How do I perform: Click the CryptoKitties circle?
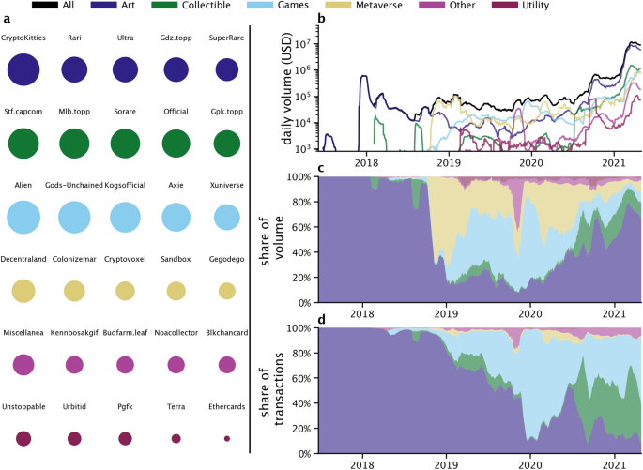pyautogui.click(x=24, y=70)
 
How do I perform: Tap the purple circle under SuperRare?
pyautogui.click(x=226, y=70)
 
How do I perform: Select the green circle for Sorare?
pyautogui.click(x=125, y=143)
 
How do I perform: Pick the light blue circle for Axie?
pyautogui.click(x=176, y=217)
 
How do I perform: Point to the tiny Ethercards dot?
pyautogui.click(x=226, y=438)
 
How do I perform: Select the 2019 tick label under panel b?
pyautogui.click(x=448, y=162)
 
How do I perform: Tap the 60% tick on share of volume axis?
pyautogui.click(x=302, y=227)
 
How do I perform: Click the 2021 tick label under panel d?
pyautogui.click(x=614, y=464)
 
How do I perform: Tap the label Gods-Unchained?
pyautogui.click(x=74, y=185)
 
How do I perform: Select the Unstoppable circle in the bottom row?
pyautogui.click(x=24, y=438)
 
